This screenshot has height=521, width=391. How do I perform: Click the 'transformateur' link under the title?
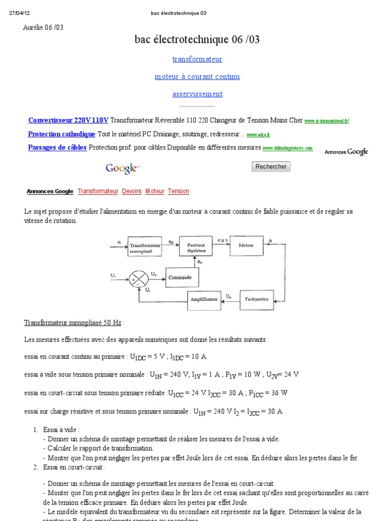(197, 59)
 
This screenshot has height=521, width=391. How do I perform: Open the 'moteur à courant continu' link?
(197, 76)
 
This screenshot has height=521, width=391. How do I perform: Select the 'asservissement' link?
(197, 94)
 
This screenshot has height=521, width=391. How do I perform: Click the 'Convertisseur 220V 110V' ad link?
(68, 121)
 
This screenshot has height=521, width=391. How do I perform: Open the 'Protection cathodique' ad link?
(62, 134)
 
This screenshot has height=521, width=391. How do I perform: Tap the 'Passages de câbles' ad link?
(57, 148)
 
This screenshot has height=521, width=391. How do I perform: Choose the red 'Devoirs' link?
(132, 191)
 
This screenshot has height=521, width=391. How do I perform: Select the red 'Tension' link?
(178, 191)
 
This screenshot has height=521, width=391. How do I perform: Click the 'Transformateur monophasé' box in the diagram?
(145, 247)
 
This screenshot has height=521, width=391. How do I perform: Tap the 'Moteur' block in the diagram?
(246, 245)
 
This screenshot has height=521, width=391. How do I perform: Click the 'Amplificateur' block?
(205, 300)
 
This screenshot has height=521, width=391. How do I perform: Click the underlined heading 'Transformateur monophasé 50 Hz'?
(73, 323)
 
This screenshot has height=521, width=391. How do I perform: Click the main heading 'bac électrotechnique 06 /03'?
(197, 39)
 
